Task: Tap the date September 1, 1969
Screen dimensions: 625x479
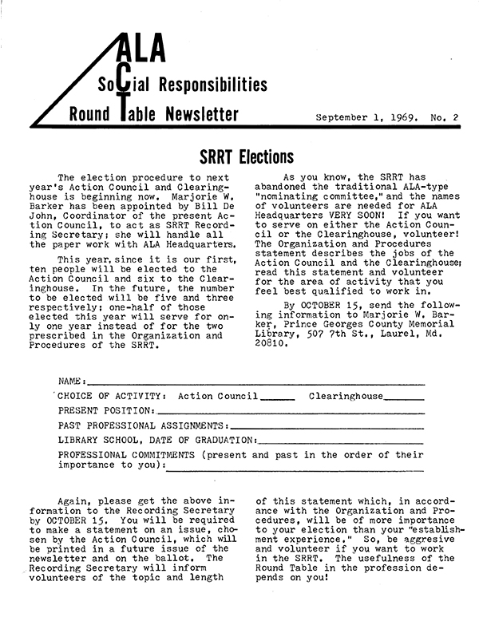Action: point(366,117)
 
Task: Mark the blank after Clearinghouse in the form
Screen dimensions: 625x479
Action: point(403,396)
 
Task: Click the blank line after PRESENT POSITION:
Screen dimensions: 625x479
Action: point(291,410)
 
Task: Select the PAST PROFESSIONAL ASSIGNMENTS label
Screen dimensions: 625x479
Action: point(143,425)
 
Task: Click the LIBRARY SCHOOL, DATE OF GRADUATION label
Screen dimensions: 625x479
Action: point(156,440)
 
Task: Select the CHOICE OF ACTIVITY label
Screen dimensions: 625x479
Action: point(112,396)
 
